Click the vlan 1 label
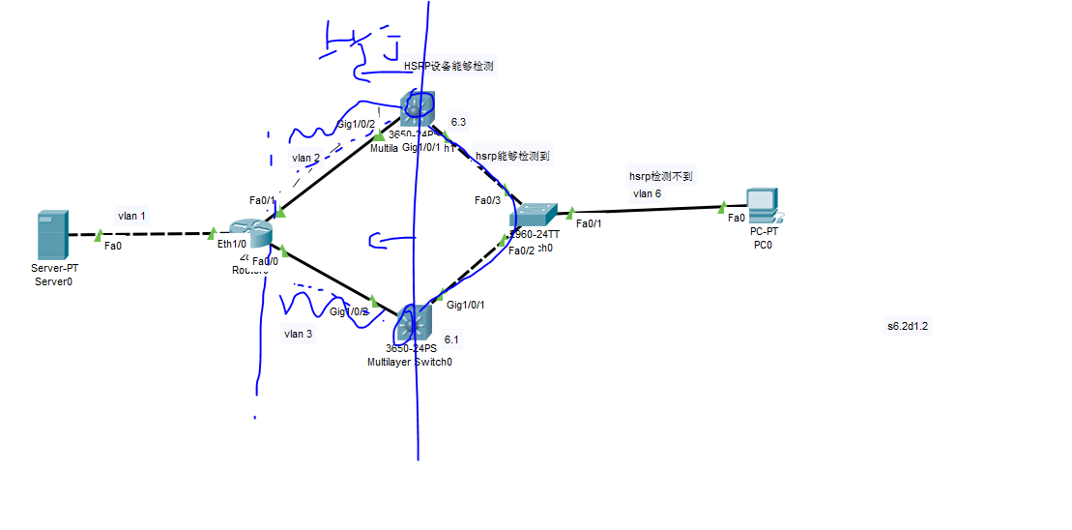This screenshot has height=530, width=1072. [131, 216]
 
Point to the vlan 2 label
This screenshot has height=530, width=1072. [305, 158]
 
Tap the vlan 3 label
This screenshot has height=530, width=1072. [298, 334]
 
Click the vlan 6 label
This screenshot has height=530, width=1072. [648, 193]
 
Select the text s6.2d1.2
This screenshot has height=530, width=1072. [908, 326]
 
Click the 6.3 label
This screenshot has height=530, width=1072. [458, 122]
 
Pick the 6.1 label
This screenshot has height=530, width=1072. [451, 339]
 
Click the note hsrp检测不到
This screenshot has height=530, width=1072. [661, 176]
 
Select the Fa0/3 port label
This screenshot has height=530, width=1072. [487, 201]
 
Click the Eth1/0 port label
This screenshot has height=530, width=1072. [232, 245]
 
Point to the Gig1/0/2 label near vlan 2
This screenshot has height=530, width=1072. [355, 125]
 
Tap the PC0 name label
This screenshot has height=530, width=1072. [764, 245]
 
